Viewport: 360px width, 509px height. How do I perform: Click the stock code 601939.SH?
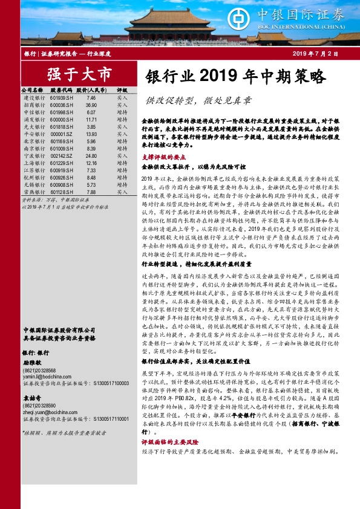[62, 97]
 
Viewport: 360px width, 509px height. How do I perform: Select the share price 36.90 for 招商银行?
[91, 105]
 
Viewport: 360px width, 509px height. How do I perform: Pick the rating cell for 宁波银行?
[122, 155]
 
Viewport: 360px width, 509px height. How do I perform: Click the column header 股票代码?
[62, 89]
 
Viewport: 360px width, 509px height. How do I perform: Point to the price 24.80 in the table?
[91, 155]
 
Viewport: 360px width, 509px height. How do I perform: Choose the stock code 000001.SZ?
[62, 134]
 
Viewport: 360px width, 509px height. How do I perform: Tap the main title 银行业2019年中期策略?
[236, 77]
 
